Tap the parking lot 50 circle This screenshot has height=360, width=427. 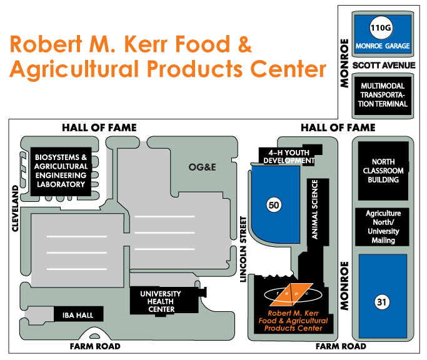[x=273, y=204]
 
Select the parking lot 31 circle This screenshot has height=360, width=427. [x=381, y=302]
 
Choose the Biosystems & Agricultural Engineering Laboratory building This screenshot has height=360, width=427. [x=61, y=171]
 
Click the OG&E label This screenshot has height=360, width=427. [x=203, y=167]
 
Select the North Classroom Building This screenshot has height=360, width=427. [x=383, y=171]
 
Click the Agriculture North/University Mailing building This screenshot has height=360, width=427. [x=383, y=227]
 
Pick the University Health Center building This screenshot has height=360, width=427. [x=161, y=301]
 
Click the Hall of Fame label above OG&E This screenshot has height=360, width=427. [x=99, y=127]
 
